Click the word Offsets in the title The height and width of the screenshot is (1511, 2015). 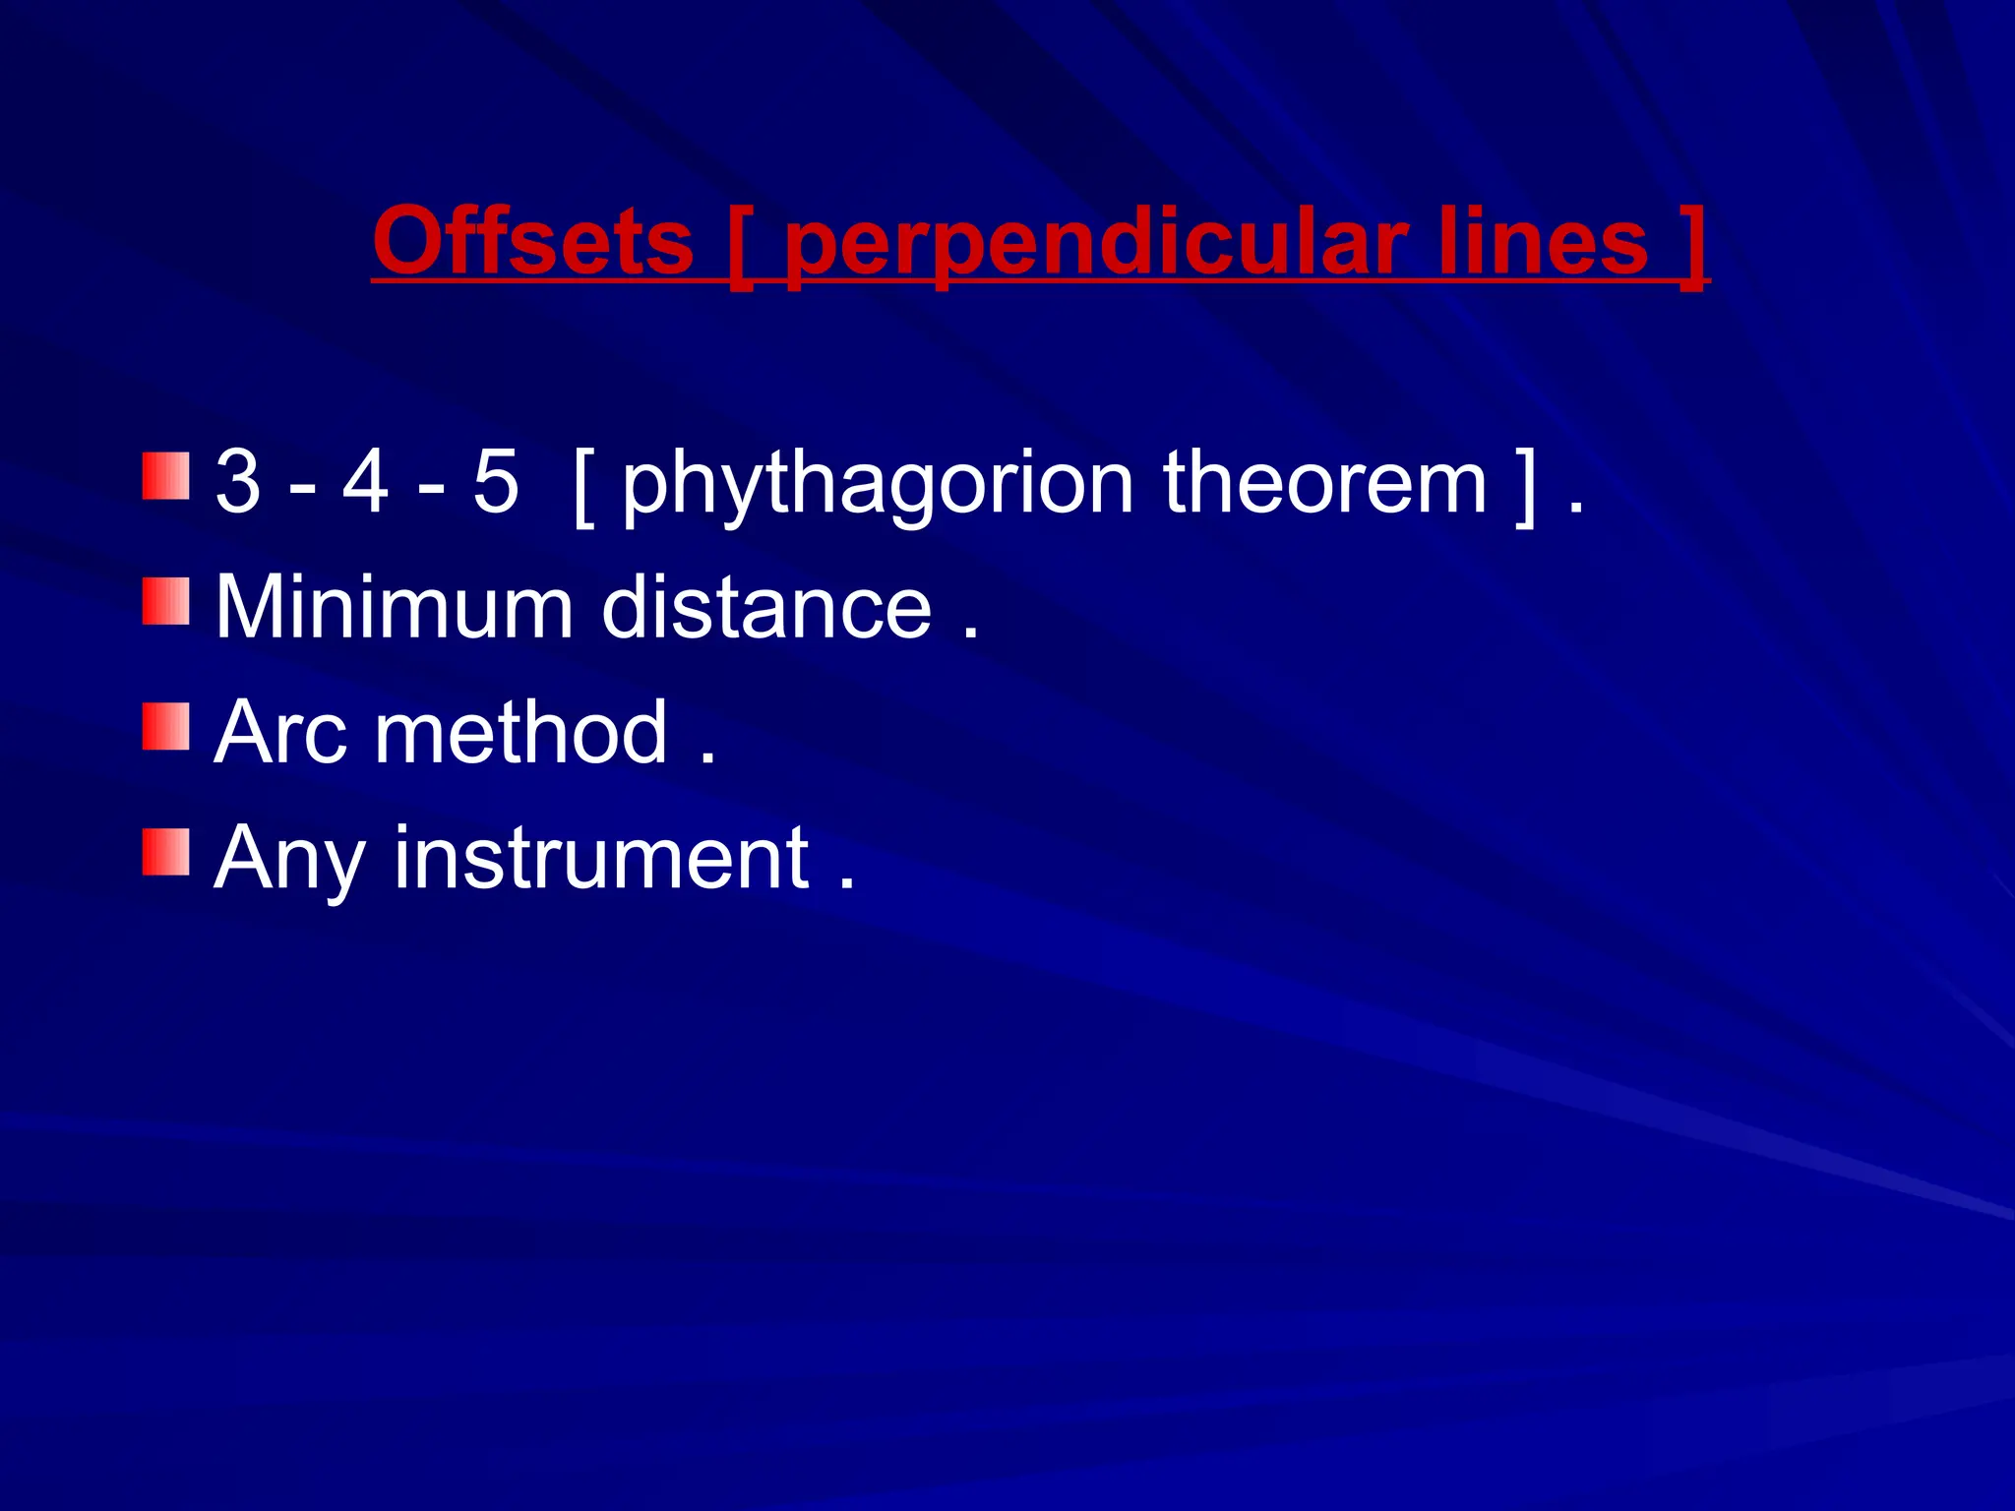533,242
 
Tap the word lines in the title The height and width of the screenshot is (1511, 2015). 1543,242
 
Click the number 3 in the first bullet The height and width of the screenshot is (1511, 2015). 238,482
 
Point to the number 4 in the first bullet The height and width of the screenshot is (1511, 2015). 365,482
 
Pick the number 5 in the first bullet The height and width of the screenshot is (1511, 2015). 495,482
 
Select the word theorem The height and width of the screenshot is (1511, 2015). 1324,482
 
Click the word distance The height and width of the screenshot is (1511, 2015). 766,607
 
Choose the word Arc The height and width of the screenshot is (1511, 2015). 281,732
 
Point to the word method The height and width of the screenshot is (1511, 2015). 521,732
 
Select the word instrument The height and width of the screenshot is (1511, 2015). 601,858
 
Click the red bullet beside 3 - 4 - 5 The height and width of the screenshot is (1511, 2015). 165,476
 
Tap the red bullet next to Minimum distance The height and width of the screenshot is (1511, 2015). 165,601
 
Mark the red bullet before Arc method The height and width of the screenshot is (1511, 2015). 165,726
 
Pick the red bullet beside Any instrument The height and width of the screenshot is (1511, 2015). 165,852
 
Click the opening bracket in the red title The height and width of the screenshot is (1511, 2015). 740,248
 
